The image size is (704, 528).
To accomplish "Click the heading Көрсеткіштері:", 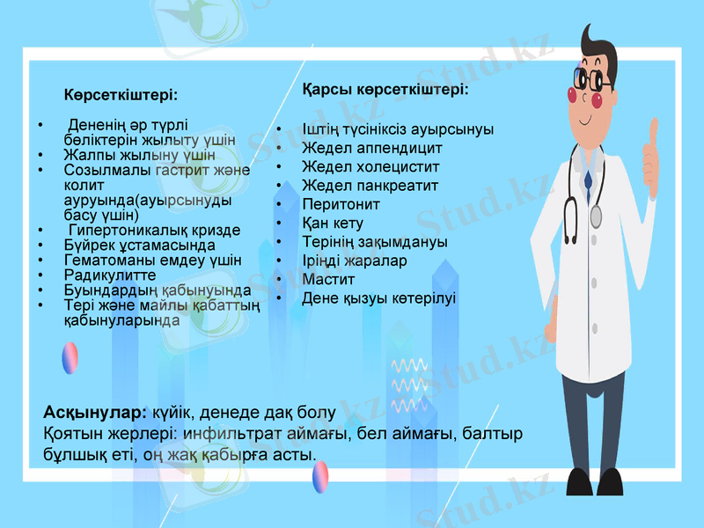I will coord(120,93).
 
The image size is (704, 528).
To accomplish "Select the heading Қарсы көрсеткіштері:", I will coord(385,90).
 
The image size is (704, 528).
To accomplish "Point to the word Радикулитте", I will coord(110,275).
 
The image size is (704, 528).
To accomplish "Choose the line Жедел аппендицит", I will coord(371,148).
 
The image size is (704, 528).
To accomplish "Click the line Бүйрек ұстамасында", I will coord(139,245).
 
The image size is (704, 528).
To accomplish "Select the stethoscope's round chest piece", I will coord(597,216).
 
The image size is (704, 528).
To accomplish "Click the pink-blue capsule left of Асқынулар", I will coord(70,358).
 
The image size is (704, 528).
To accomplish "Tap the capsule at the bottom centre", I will coord(320,476).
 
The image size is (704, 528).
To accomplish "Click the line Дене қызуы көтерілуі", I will coord(378,298).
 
